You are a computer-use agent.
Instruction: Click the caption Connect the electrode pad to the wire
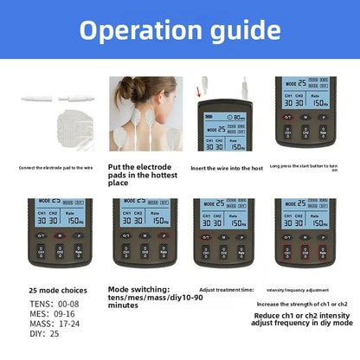point(54,167)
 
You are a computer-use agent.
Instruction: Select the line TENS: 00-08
point(54,305)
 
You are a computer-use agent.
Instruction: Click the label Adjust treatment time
point(226,289)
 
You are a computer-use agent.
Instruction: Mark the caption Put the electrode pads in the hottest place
point(147,174)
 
